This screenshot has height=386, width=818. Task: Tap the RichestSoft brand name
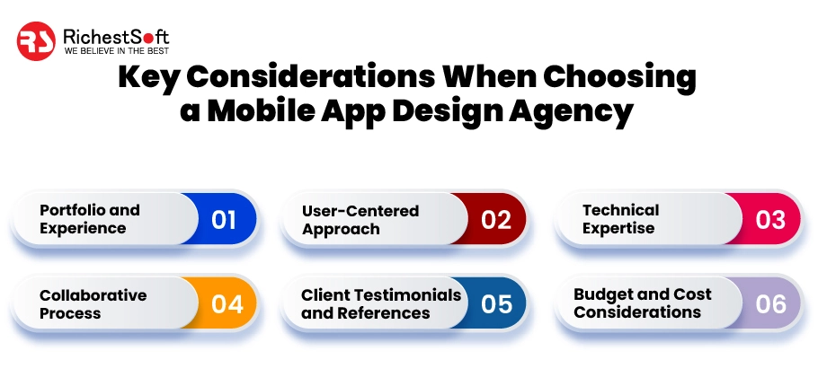[116, 36]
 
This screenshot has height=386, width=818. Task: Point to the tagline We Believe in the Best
[116, 52]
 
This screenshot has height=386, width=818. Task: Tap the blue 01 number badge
[224, 219]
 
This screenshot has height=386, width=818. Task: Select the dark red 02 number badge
[495, 219]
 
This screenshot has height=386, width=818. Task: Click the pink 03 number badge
[770, 219]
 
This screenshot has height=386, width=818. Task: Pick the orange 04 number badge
[227, 303]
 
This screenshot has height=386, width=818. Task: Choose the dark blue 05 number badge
[496, 303]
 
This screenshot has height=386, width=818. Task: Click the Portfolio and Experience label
[90, 219]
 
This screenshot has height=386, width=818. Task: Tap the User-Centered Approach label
[360, 220]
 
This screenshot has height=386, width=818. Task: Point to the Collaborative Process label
[93, 303]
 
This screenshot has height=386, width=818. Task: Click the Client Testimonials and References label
[380, 303]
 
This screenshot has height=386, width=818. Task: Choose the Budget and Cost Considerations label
[642, 303]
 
